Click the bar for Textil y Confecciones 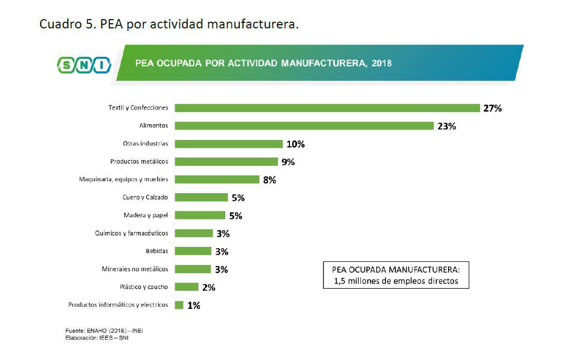[x=327, y=108]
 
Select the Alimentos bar [x=304, y=126]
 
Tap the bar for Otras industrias [x=228, y=144]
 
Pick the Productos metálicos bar [x=226, y=162]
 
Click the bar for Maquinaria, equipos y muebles [x=217, y=179]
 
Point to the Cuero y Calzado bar [x=201, y=197]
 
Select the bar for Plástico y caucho [x=187, y=287]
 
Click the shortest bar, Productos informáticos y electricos [x=179, y=305]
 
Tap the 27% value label [x=492, y=108]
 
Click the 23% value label [x=446, y=127]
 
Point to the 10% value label [x=296, y=144]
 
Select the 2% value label [x=209, y=288]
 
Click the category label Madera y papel [x=146, y=215]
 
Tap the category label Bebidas [x=157, y=251]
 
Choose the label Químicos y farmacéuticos [x=131, y=233]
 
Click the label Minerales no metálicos [x=135, y=269]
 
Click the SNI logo [x=84, y=65]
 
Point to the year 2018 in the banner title [x=381, y=64]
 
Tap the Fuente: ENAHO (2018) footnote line [x=104, y=330]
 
